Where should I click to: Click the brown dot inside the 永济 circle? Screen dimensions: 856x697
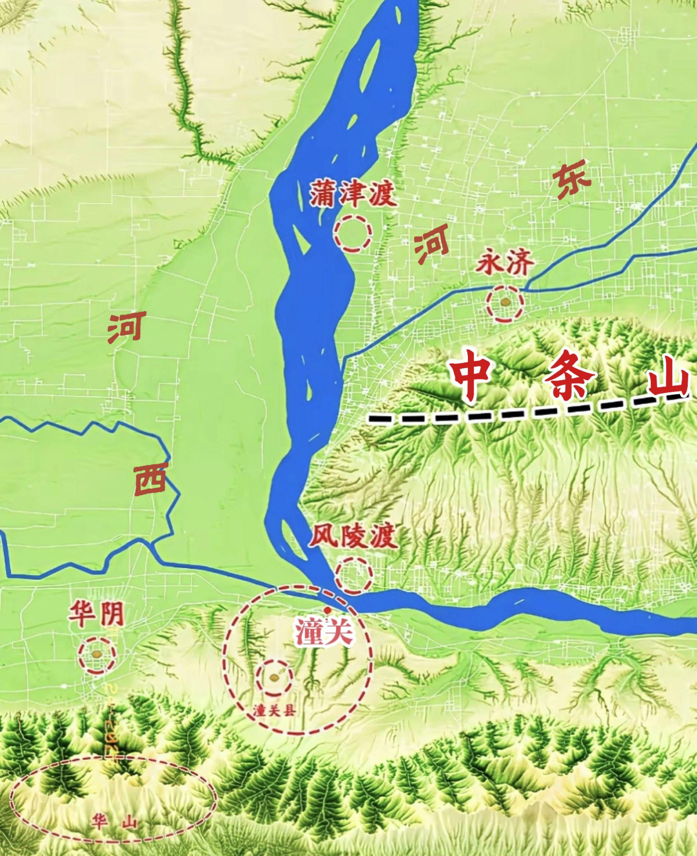505,301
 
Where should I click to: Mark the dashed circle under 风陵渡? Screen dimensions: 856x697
354,576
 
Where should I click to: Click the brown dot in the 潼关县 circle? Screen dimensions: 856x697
274,677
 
